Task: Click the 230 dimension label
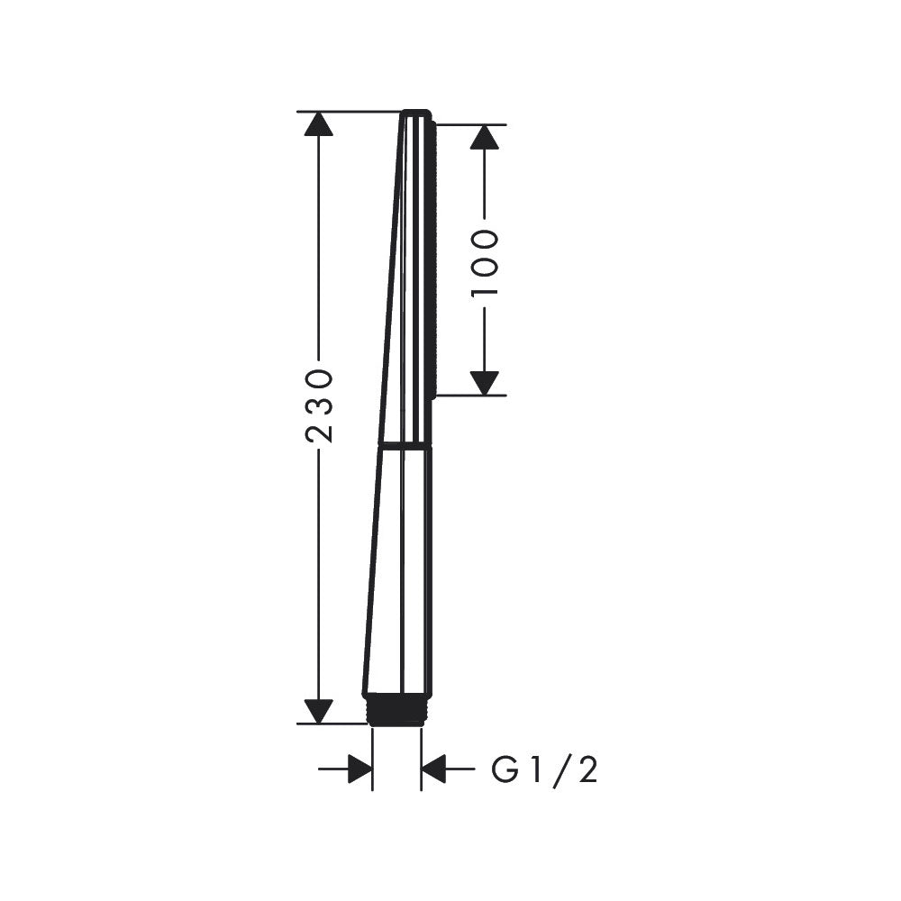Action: pos(319,406)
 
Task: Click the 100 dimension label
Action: pos(485,264)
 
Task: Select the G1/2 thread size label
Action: pos(545,769)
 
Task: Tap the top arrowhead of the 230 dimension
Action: pos(319,123)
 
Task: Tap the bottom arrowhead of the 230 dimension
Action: pos(319,712)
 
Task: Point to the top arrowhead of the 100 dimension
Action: pos(485,137)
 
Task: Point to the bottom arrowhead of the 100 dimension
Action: pos(485,383)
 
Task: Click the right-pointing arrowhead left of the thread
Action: pos(359,769)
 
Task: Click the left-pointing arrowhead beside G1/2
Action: pos(434,769)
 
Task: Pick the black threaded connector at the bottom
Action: pos(397,708)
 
